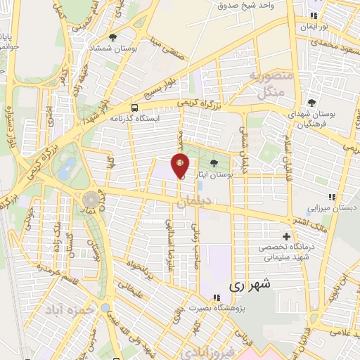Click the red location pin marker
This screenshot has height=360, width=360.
pos(180,165)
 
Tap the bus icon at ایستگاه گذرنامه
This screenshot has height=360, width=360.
pos(134,107)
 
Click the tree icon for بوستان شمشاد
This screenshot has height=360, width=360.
pos(113,37)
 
